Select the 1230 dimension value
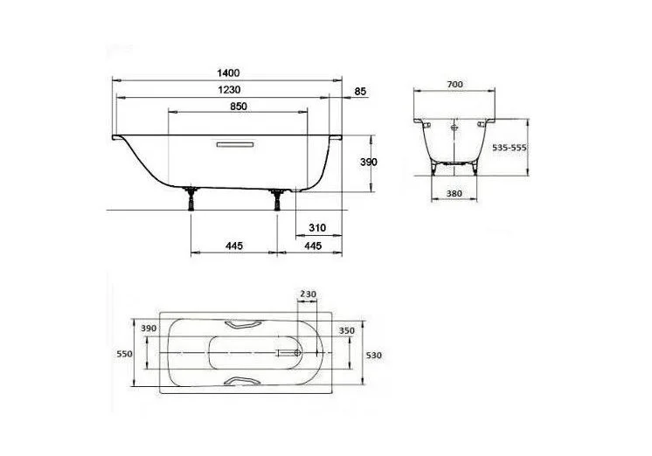[229, 90]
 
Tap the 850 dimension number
[238, 107]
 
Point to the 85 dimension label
[360, 90]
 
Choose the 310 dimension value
[316, 228]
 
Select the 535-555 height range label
[508, 149]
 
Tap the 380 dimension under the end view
[454, 193]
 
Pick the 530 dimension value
[374, 355]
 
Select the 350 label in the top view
[346, 331]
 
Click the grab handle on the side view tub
[234, 145]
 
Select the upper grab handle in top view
[242, 325]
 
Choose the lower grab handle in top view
[242, 382]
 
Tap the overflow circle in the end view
[454, 127]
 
